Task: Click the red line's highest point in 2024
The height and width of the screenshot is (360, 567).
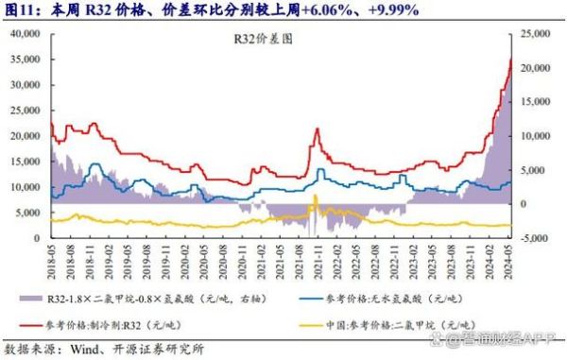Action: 510,60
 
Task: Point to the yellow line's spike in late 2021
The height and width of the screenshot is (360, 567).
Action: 315,197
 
